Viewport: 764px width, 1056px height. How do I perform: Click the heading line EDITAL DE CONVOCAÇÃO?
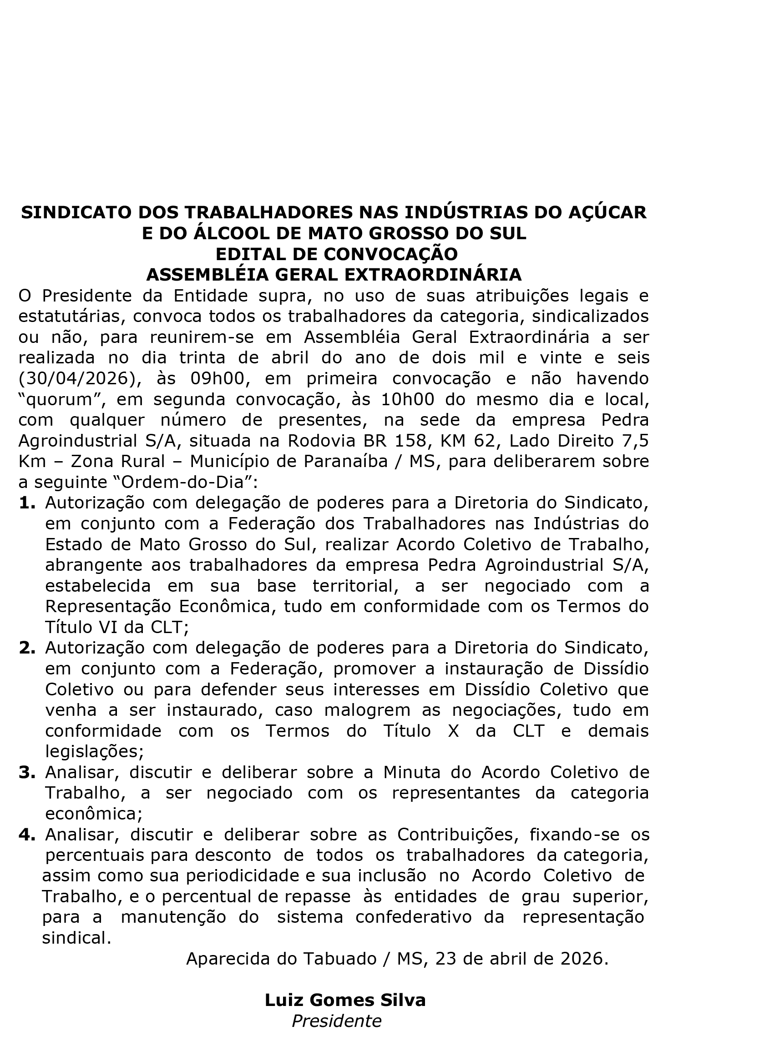tap(336, 254)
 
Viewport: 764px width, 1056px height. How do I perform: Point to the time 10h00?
tap(408, 399)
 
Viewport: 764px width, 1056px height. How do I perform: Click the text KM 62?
tap(467, 441)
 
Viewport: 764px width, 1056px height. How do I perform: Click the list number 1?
tap(27, 503)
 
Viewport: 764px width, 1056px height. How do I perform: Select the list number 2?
tap(27, 648)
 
